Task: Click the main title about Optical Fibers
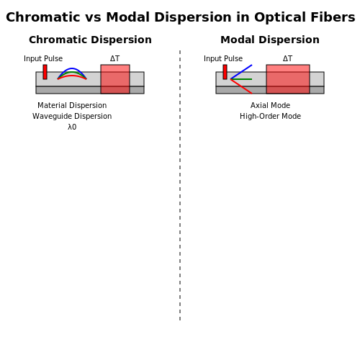point(181,17)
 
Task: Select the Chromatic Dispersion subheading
point(90,40)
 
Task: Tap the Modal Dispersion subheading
point(270,40)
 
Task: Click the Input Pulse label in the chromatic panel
point(43,58)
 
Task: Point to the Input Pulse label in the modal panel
point(223,58)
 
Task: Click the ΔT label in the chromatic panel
point(114,58)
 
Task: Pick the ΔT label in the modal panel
point(287,58)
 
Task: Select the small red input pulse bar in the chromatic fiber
point(45,72)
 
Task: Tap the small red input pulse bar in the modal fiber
point(225,72)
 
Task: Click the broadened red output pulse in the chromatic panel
point(115,79)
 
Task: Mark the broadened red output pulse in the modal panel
point(288,79)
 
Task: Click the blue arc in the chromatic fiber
point(72,68)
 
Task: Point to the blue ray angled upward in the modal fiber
point(241,72)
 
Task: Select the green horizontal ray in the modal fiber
point(241,79)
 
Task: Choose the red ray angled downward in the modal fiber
point(241,86)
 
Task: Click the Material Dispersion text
point(72,105)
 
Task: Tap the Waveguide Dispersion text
point(72,116)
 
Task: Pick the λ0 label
point(72,127)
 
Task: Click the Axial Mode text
point(270,105)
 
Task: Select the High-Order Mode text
point(270,116)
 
